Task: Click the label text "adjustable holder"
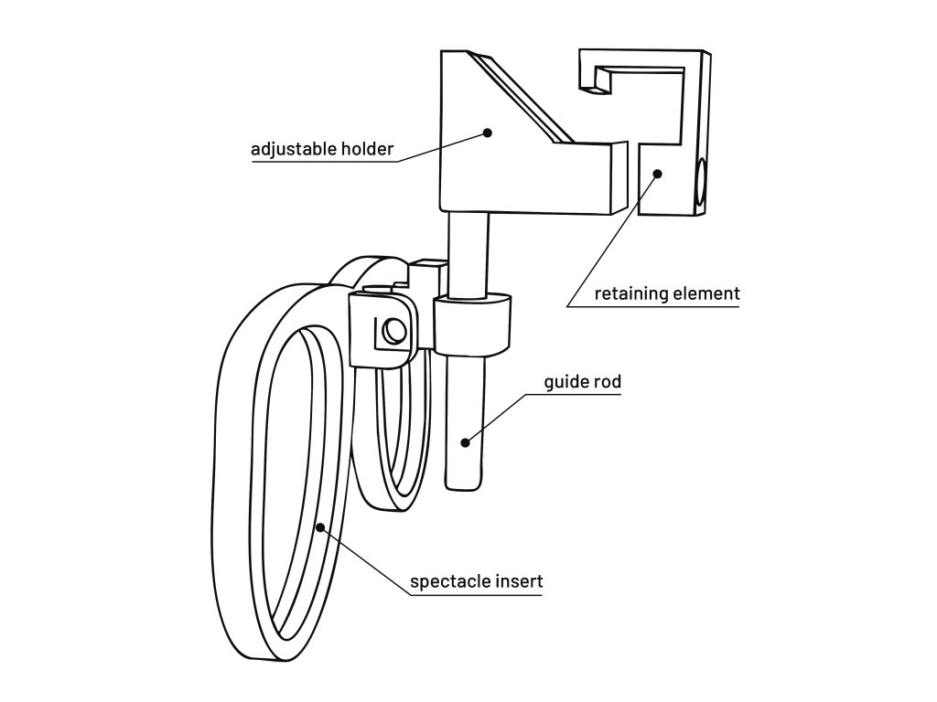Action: (322, 149)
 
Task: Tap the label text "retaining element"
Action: (666, 294)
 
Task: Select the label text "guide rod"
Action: (583, 382)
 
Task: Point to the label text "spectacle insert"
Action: (476, 581)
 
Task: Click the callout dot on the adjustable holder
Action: (488, 133)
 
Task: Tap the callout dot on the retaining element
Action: (657, 173)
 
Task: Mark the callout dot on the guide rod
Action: (465, 442)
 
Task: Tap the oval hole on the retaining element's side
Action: (701, 182)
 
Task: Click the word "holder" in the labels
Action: (369, 149)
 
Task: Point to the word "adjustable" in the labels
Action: (294, 149)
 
